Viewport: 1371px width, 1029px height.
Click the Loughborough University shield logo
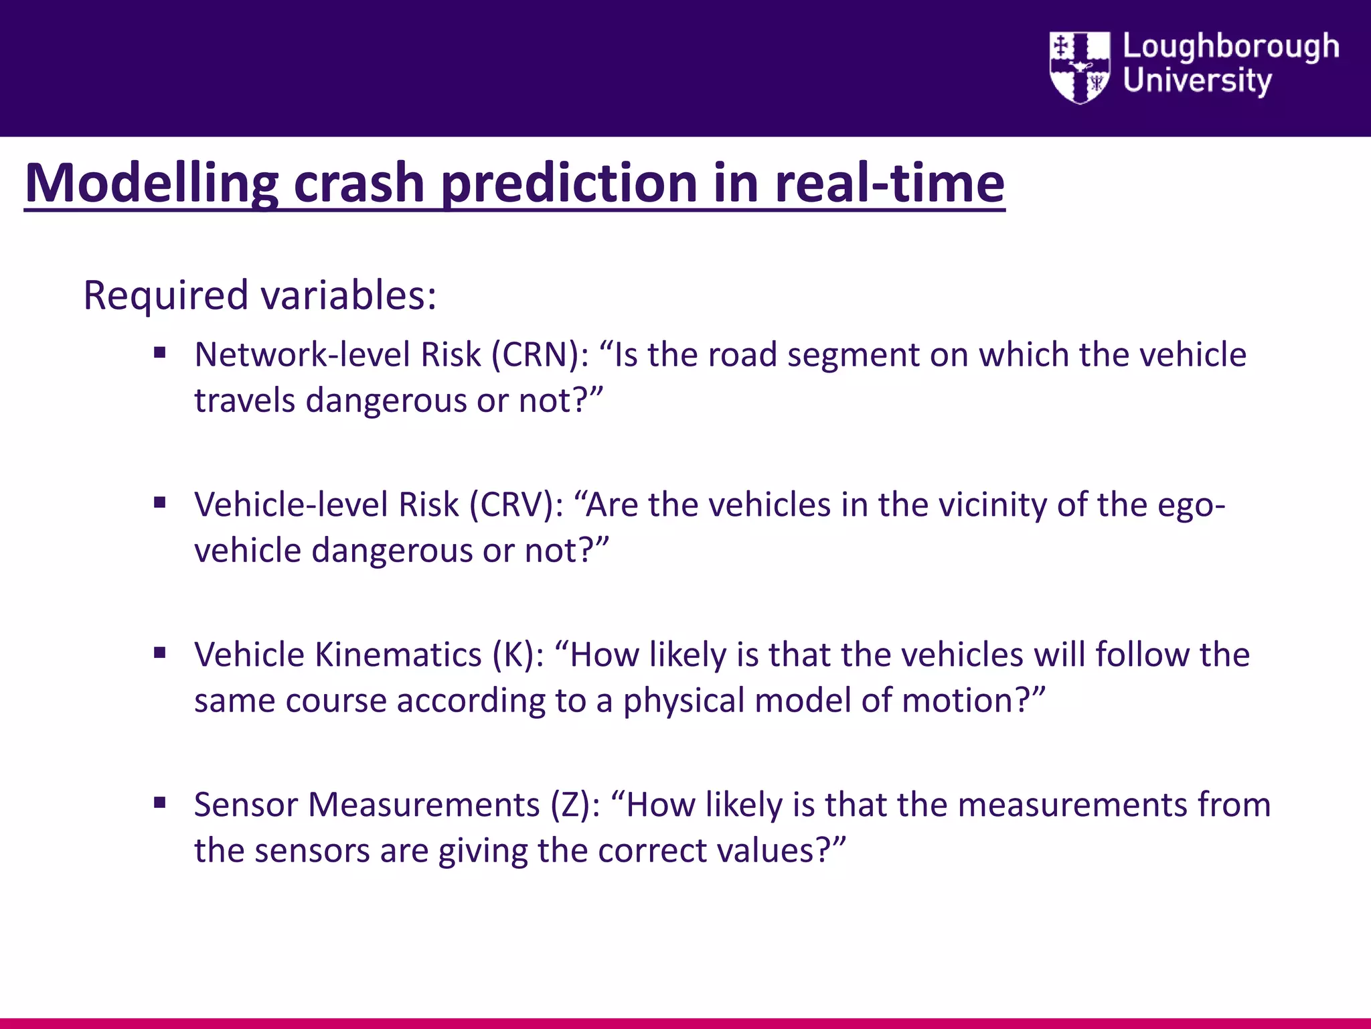pos(1079,67)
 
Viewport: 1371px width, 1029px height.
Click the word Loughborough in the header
pos(1230,47)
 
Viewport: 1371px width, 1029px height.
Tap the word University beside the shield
pos(1197,81)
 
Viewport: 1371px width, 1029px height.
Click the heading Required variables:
pos(260,295)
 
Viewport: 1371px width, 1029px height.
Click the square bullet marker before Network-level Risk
pos(159,352)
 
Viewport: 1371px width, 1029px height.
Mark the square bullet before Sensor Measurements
pos(159,803)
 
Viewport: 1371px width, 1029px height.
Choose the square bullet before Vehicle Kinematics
pos(159,653)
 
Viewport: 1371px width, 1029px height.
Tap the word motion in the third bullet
pos(966,701)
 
